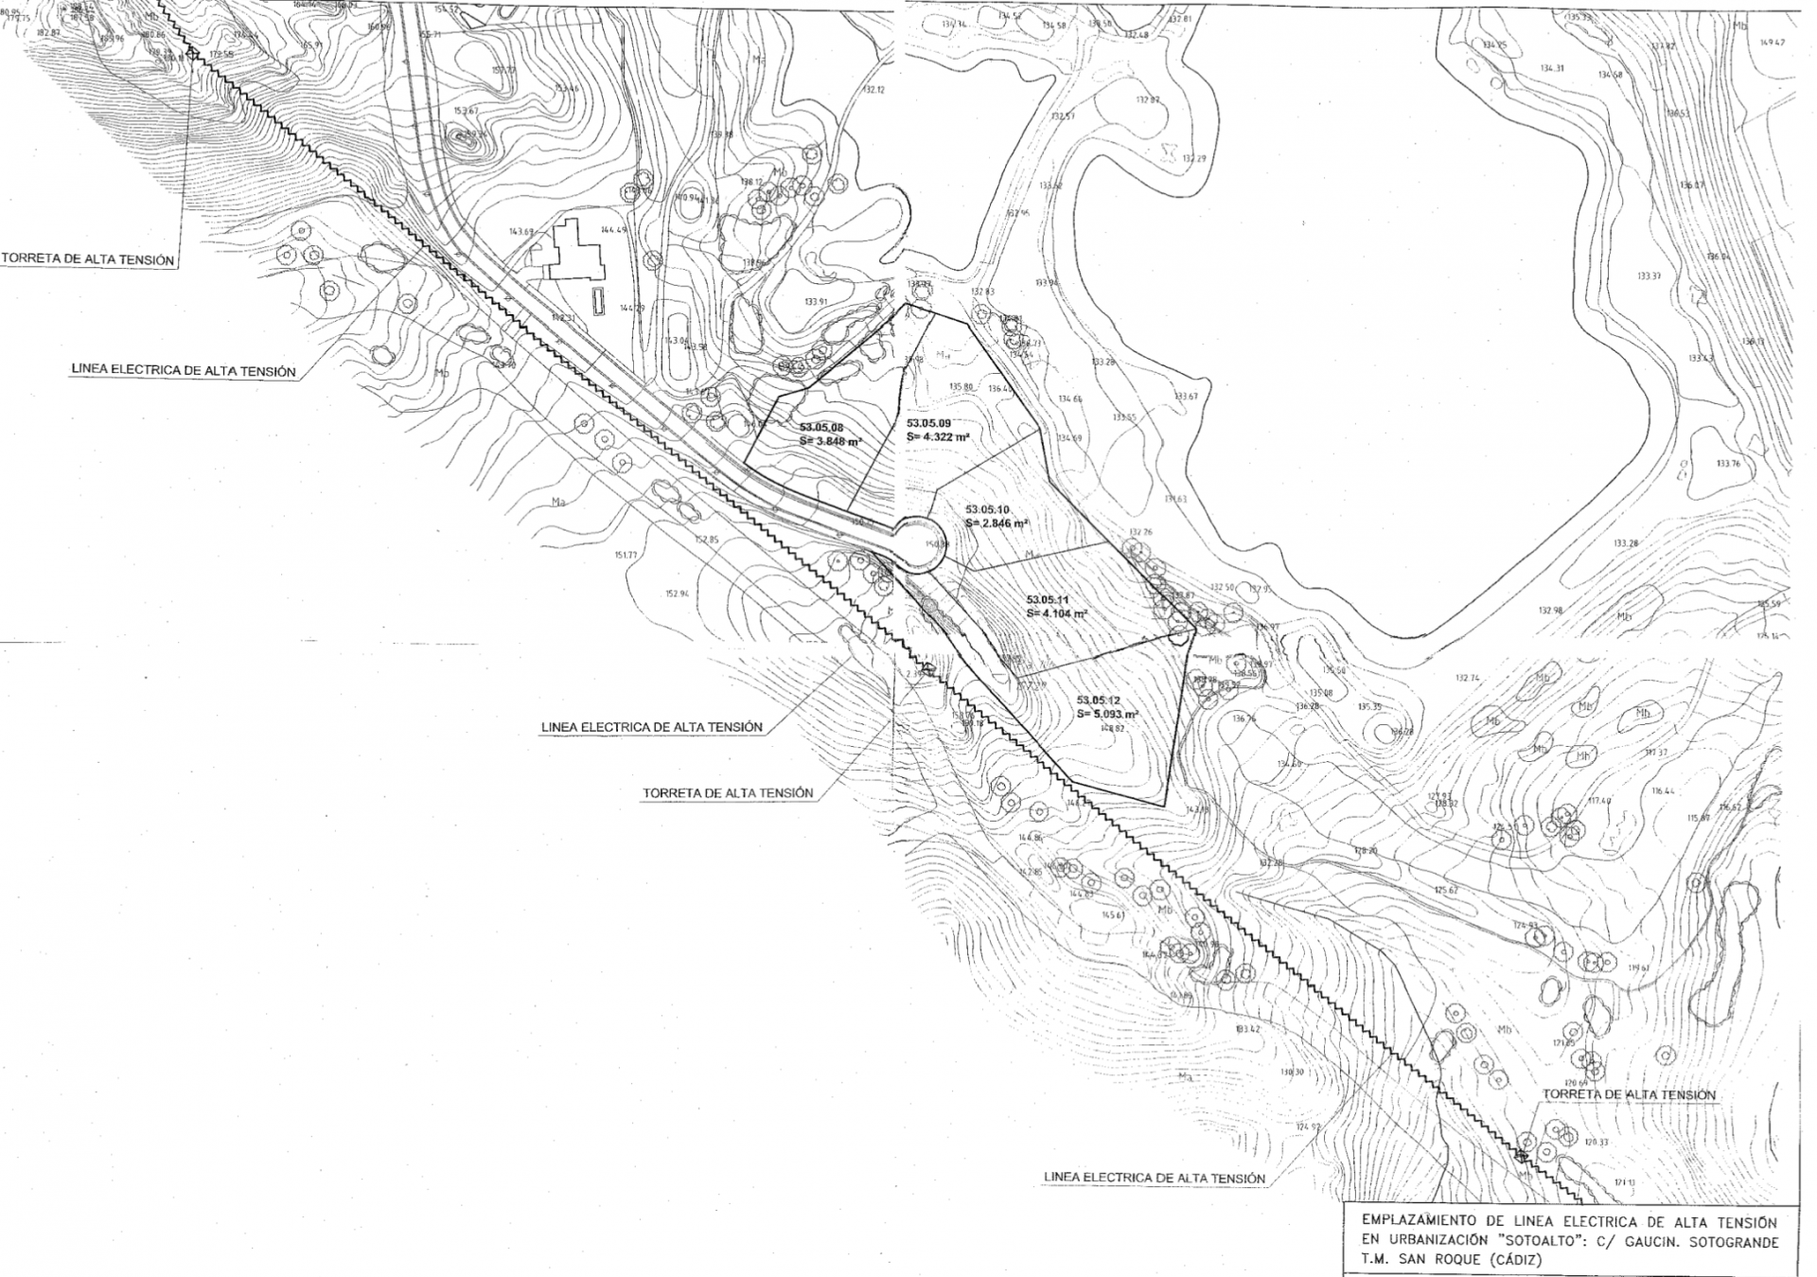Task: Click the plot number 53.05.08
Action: point(820,428)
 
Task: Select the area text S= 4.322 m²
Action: point(938,437)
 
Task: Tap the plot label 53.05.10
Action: point(987,509)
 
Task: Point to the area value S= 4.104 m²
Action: point(1056,613)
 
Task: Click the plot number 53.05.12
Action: point(1098,700)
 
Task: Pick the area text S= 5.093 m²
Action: point(1107,715)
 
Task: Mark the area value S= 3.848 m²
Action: point(830,441)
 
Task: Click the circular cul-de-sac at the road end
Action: point(919,544)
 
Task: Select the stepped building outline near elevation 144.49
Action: point(573,250)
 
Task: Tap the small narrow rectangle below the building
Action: point(598,302)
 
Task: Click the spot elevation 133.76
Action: point(1727,464)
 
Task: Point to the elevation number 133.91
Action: point(816,302)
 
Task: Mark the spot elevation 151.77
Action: point(626,555)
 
